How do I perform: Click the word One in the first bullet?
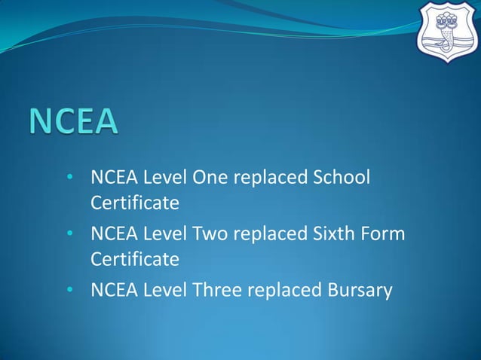point(212,178)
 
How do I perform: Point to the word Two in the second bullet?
point(212,234)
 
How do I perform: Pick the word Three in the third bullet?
point(219,291)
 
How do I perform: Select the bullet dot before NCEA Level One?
point(69,178)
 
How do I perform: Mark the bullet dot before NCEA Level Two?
point(69,235)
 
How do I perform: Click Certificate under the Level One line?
point(135,203)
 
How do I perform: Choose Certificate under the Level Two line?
point(135,259)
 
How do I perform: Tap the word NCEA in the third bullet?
point(112,291)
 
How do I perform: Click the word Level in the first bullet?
point(164,178)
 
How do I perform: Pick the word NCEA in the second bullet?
point(112,234)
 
